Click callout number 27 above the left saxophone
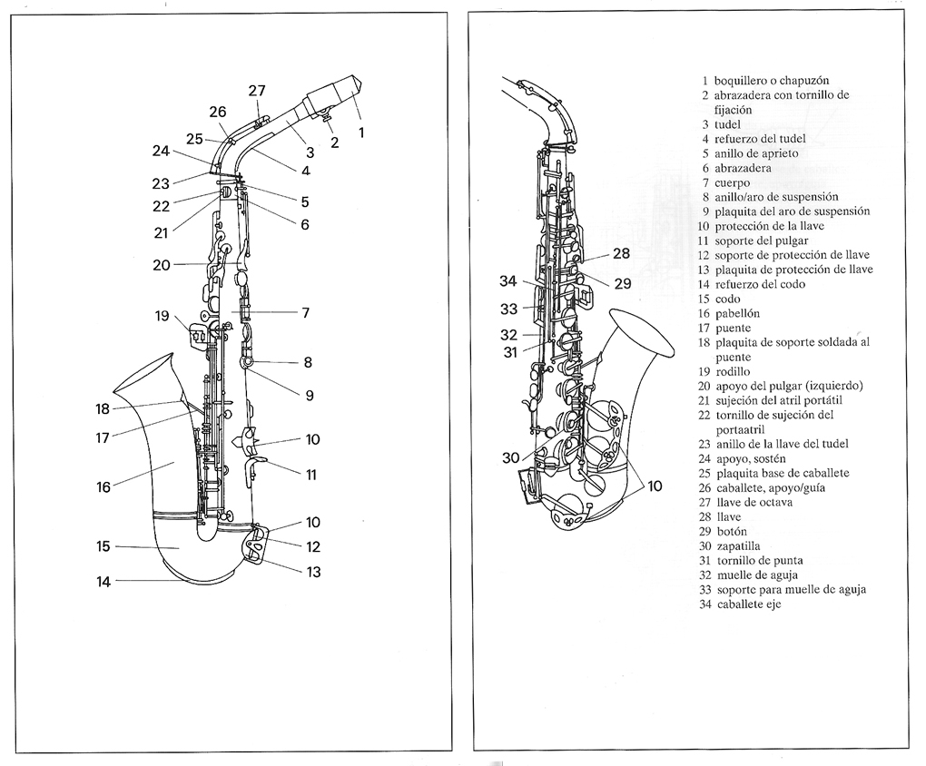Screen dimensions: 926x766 (257, 91)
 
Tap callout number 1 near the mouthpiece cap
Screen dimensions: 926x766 (361, 133)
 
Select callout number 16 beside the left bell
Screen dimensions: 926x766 (103, 486)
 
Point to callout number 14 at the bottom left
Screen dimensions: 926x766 (103, 582)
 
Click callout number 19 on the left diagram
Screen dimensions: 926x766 (162, 316)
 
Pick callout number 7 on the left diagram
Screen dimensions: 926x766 (305, 312)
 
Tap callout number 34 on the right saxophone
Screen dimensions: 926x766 (507, 280)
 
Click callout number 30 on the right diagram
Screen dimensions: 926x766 (511, 457)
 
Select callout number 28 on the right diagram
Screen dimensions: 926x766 (621, 253)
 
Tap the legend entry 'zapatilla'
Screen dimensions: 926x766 (739, 546)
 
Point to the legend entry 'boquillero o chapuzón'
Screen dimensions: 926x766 (772, 81)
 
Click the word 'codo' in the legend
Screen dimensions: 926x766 (727, 299)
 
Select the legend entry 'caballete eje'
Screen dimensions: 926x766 (749, 604)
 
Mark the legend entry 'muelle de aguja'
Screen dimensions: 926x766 (757, 575)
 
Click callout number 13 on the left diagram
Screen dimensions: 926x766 (313, 572)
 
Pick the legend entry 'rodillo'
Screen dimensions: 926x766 (733, 371)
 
